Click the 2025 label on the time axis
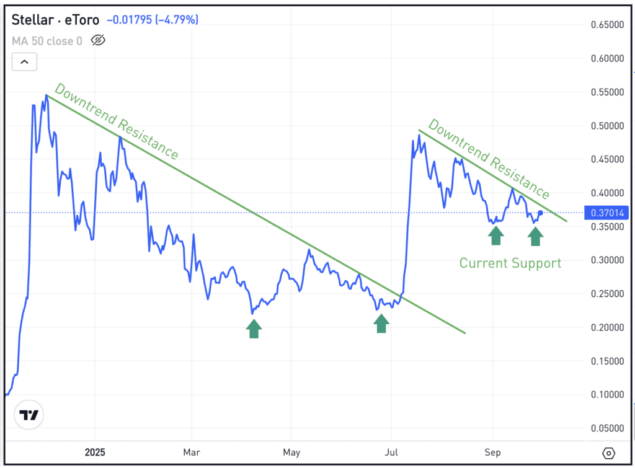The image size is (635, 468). pos(95,452)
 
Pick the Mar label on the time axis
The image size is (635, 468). pos(192,452)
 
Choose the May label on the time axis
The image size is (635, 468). pos(291,452)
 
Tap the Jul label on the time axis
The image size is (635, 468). pos(391,452)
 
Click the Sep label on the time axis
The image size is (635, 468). pos(492,452)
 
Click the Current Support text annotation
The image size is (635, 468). pos(510,263)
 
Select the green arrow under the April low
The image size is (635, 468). pos(254,329)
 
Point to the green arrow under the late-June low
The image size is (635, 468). pos(381,323)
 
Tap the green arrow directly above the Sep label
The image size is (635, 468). pos(495,236)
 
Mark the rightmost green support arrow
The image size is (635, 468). pos(535,236)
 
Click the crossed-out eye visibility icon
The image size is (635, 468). pos(98,41)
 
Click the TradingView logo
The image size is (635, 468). pos(29,415)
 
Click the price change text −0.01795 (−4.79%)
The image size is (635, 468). pos(153,20)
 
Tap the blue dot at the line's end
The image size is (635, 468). pos(540,213)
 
